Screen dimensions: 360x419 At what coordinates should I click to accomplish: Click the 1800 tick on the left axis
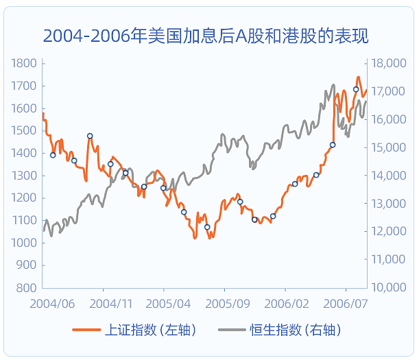point(24,64)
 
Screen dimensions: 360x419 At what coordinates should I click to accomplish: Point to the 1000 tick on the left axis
point(24,243)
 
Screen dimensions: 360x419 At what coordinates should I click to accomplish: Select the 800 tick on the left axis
point(26,287)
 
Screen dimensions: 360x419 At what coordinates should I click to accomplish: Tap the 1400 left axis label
point(24,153)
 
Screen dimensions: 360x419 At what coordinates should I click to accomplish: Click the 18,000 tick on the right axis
point(388,64)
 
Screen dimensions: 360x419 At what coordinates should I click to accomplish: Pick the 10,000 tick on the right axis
point(388,287)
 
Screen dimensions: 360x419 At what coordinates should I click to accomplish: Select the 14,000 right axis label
point(388,176)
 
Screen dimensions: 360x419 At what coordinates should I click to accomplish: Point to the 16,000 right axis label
point(388,119)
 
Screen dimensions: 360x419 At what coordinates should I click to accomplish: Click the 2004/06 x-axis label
point(51,302)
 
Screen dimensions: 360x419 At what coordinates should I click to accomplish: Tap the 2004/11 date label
point(110,302)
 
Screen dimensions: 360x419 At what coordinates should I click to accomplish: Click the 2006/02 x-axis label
point(284,302)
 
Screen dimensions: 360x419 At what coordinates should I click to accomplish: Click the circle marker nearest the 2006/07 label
point(356,89)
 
